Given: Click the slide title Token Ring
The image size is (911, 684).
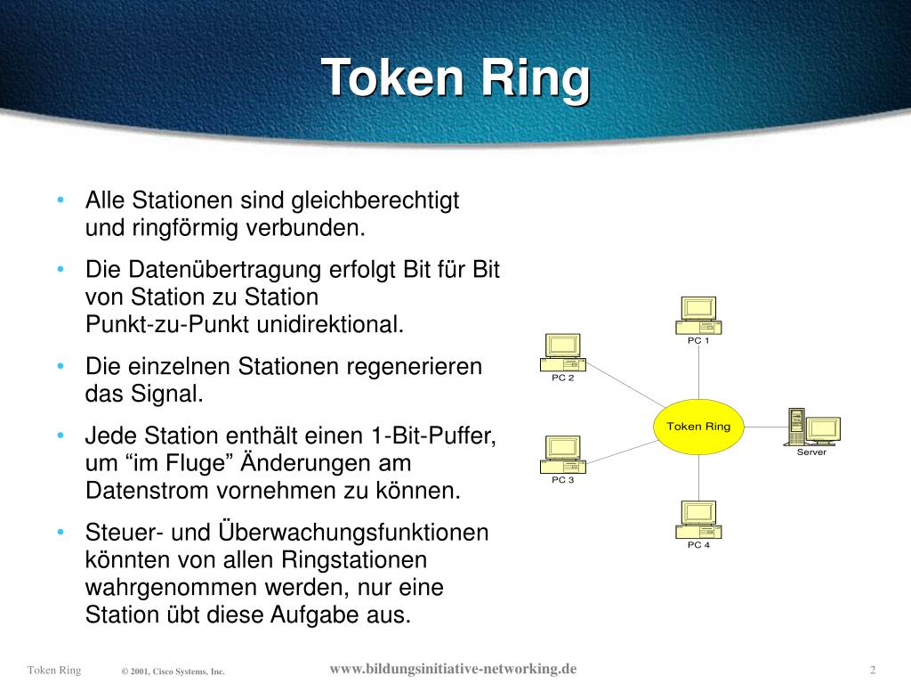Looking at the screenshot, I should click(x=455, y=78).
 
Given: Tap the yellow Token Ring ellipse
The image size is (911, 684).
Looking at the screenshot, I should click(x=698, y=427).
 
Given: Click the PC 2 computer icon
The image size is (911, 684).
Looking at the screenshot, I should click(x=563, y=353).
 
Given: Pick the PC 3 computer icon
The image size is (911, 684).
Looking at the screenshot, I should click(x=563, y=454).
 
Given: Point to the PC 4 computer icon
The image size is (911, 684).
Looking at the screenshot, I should click(x=698, y=519).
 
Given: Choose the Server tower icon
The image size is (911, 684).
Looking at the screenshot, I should click(x=796, y=427).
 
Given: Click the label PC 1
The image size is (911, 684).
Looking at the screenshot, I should click(x=698, y=341).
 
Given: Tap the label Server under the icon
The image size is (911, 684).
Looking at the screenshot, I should click(x=811, y=452).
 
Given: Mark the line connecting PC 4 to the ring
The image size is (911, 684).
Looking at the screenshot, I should click(x=698, y=477).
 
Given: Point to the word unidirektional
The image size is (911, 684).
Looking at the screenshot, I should click(x=330, y=324).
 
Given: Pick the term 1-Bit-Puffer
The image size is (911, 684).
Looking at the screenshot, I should click(x=431, y=436).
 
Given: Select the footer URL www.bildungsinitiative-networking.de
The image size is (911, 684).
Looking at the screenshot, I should click(x=453, y=669).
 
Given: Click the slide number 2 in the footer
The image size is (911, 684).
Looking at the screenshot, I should click(x=874, y=670).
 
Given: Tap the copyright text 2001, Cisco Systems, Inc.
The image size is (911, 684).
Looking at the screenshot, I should click(x=178, y=672).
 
